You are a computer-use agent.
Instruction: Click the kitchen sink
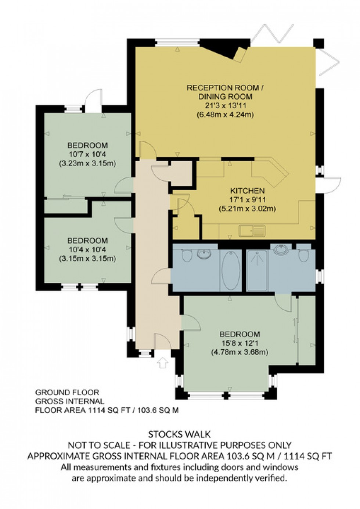pyautogui.click(x=252, y=231)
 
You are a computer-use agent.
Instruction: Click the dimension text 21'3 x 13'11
pyautogui.click(x=225, y=106)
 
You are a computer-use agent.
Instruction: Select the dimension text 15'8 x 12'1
pyautogui.click(x=240, y=343)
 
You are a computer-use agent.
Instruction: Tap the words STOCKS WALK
pyautogui.click(x=180, y=434)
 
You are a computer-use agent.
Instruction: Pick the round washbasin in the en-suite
pyautogui.click(x=281, y=250)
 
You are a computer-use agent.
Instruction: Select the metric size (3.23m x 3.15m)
pyautogui.click(x=87, y=163)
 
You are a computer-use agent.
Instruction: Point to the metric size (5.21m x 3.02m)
pyautogui.click(x=247, y=209)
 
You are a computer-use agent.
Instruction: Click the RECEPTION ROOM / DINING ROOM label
pyautogui.click(x=225, y=92)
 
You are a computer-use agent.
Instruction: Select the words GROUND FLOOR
pyautogui.click(x=67, y=393)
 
